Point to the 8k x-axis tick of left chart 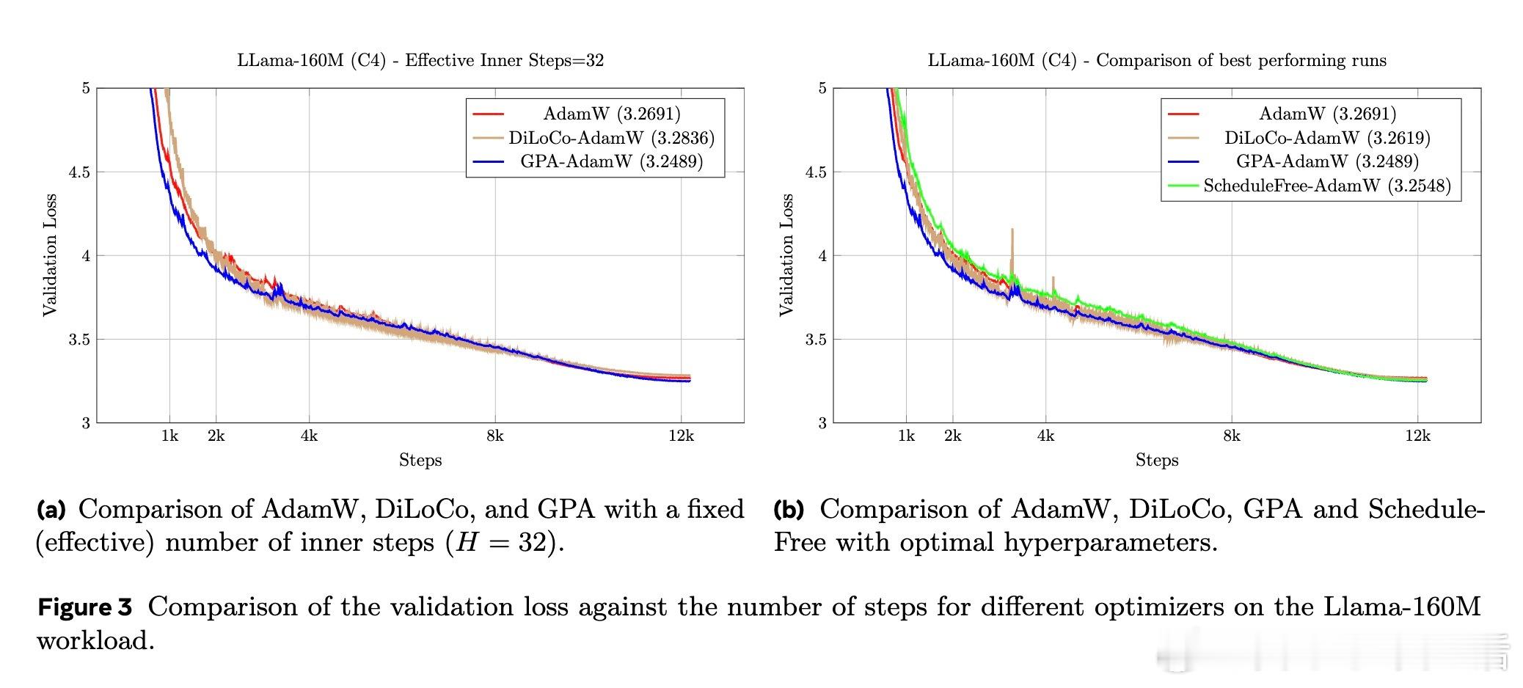click(494, 436)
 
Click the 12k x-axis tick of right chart click(1417, 436)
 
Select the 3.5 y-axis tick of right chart click(816, 340)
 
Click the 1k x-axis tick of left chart click(169, 436)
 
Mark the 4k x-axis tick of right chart click(1045, 436)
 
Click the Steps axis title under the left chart click(420, 460)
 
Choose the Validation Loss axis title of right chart click(787, 255)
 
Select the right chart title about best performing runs click(1157, 60)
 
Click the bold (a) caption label click(51, 508)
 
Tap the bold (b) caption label click(789, 508)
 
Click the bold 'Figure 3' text click(84, 607)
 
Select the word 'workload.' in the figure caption click(95, 641)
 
